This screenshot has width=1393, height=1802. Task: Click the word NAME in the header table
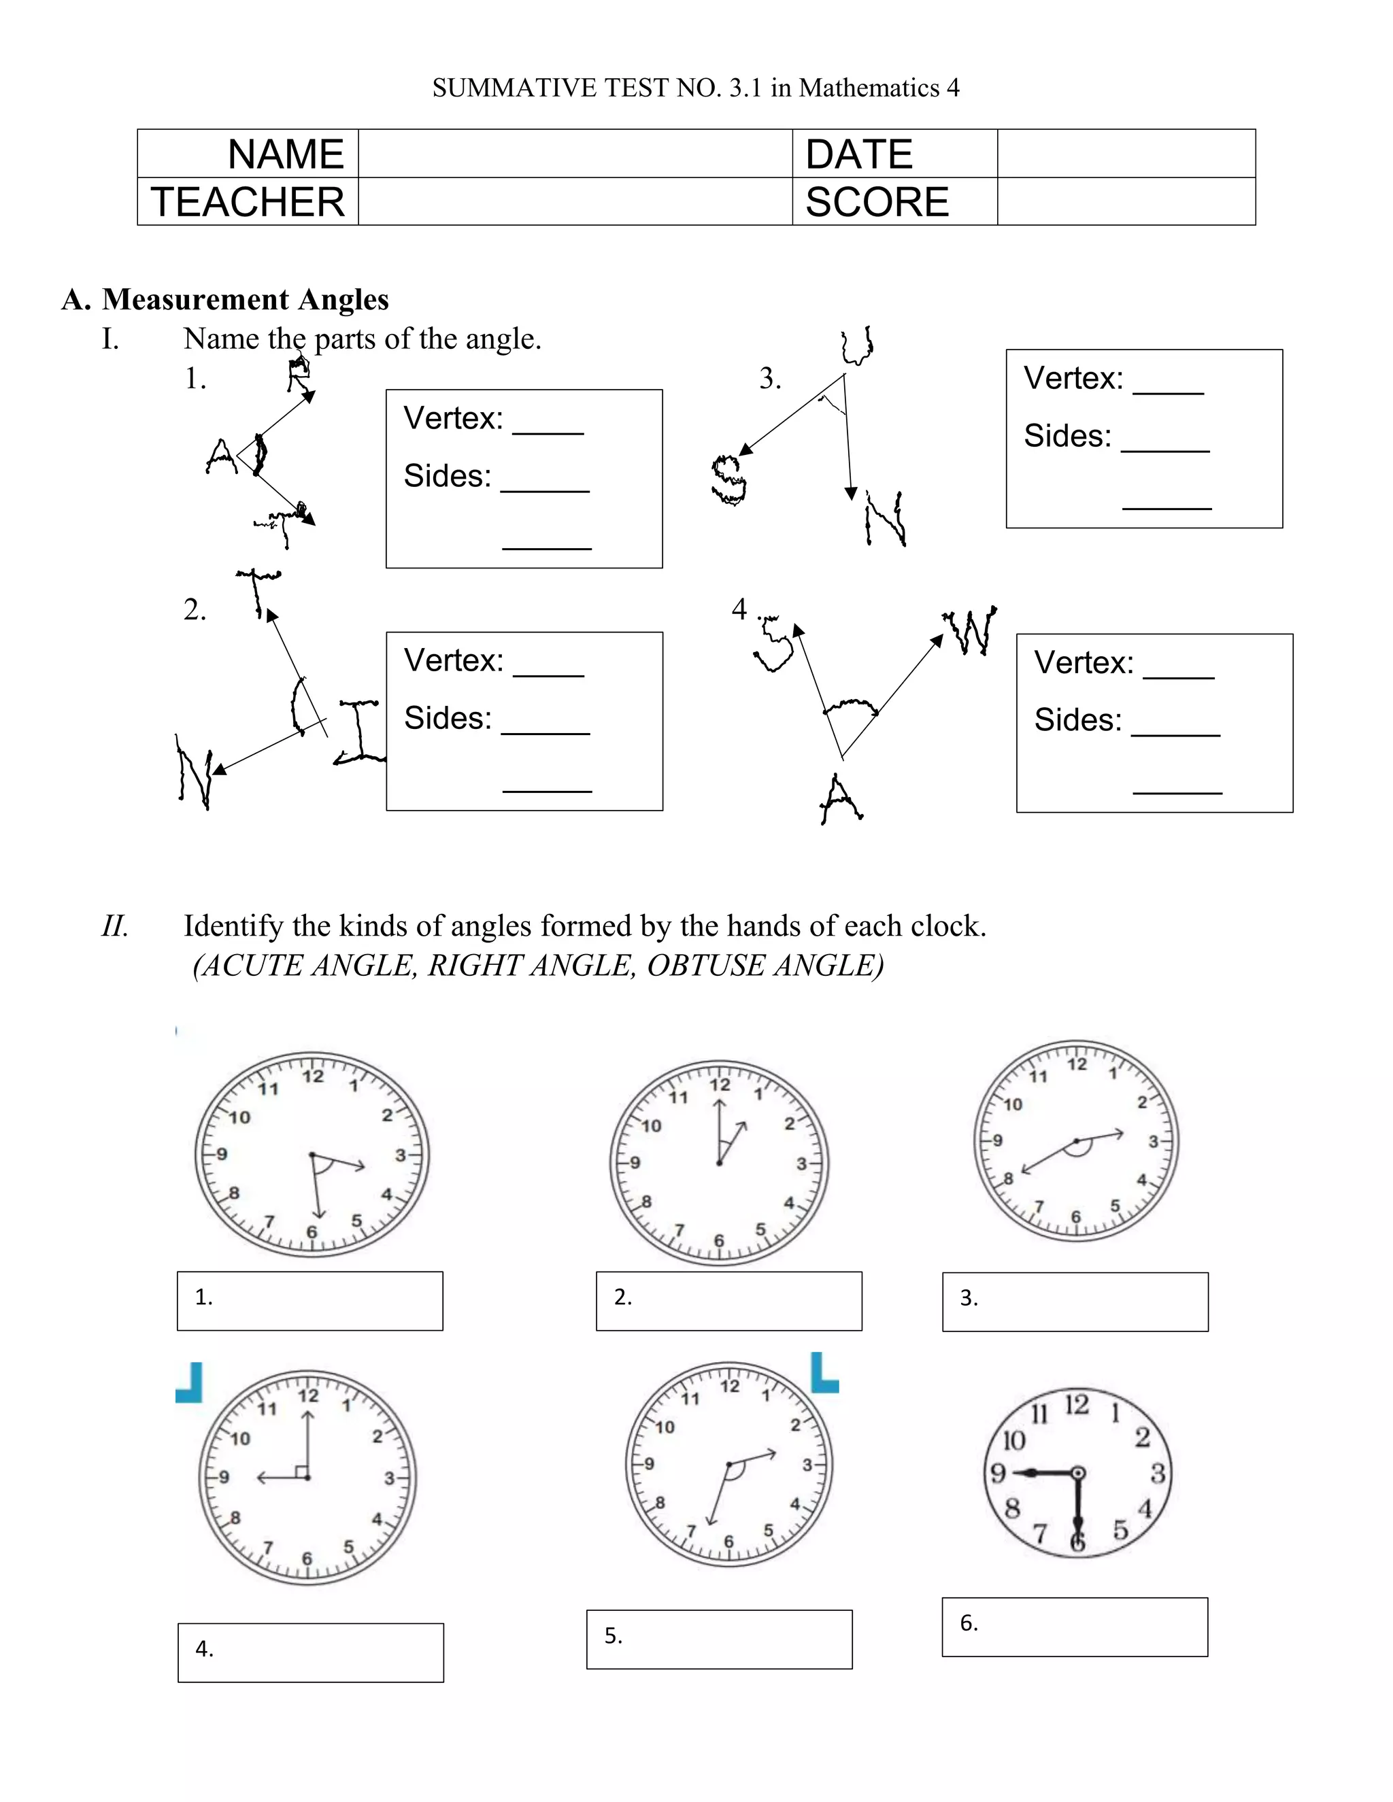tap(286, 154)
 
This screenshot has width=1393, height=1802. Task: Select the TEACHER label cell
tap(248, 202)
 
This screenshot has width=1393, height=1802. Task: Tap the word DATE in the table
tap(859, 154)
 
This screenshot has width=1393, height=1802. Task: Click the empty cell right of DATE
tap(1126, 154)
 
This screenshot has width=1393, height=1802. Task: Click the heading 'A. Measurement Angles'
tap(225, 299)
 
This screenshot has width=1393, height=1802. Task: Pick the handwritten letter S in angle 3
tap(728, 479)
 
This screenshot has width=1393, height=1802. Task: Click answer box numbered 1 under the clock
tap(309, 1301)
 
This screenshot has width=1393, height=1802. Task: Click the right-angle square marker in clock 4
tap(301, 1471)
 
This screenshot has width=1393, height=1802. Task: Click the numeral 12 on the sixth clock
tap(1076, 1404)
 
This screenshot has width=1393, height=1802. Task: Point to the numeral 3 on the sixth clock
tap(1157, 1473)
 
